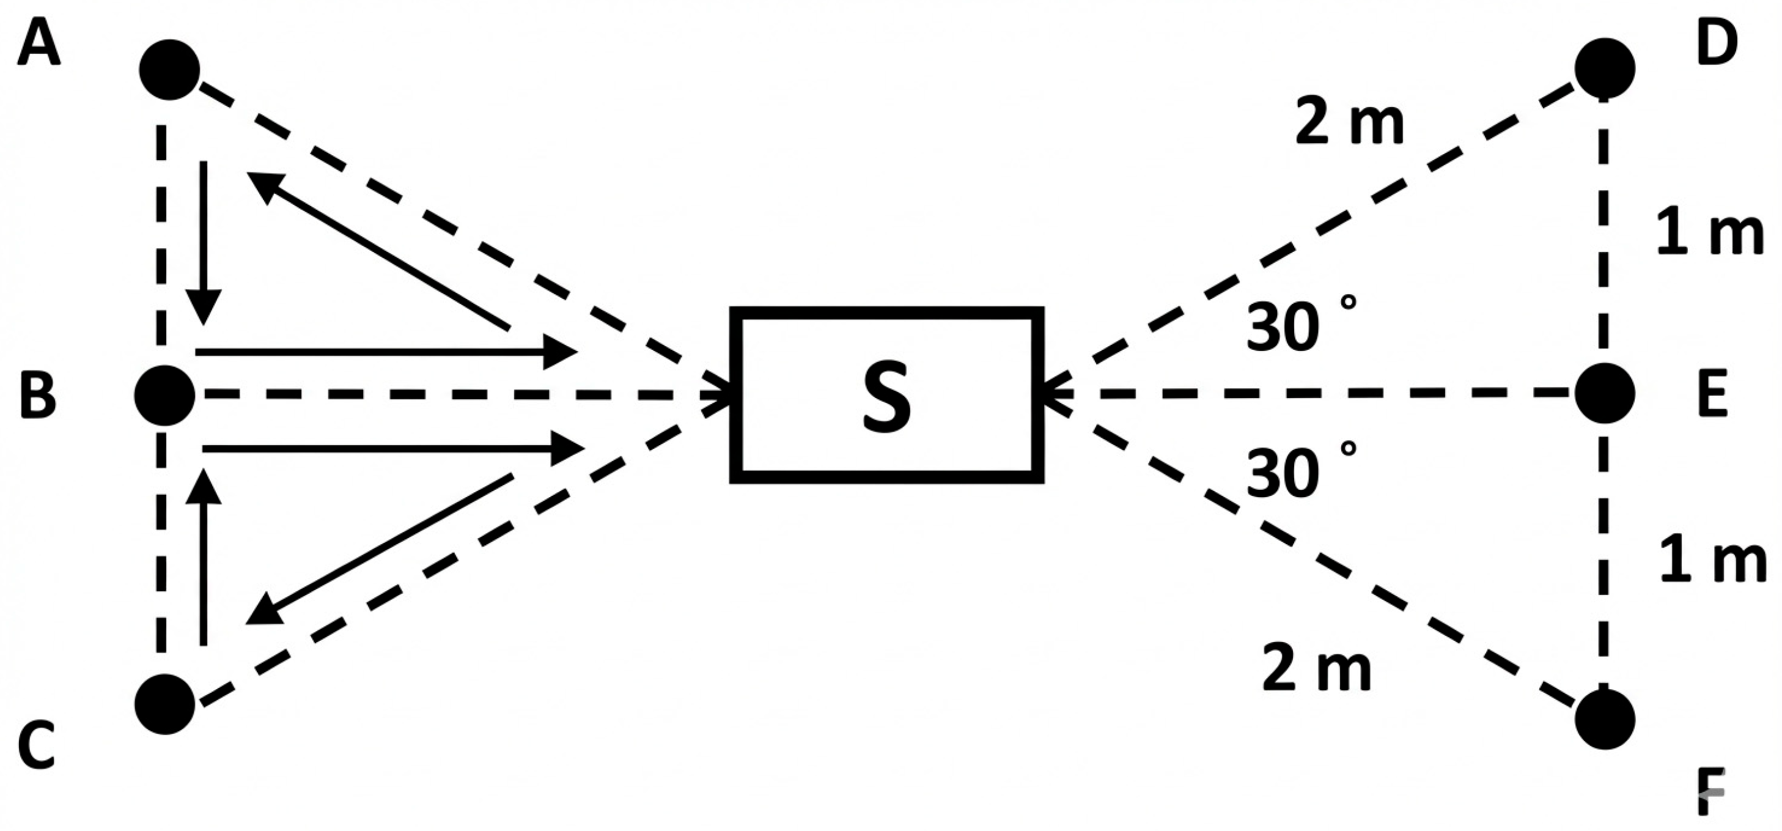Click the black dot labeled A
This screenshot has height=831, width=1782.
click(169, 70)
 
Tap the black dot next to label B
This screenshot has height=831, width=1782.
click(164, 396)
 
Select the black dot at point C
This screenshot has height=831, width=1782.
click(164, 704)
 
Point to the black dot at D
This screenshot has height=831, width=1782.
click(1605, 68)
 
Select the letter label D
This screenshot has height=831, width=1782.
click(1717, 43)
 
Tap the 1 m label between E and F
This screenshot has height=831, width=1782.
click(1712, 562)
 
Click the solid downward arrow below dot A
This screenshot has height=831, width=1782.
click(204, 242)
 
